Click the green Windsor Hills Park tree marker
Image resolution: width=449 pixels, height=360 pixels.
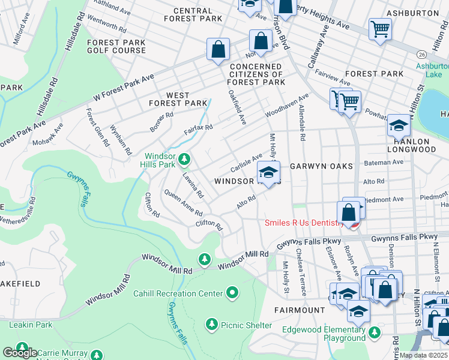click(x=185, y=159)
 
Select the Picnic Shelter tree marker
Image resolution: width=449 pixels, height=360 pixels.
click(x=211, y=325)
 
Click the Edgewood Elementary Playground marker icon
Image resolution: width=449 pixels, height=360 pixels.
click(x=375, y=332)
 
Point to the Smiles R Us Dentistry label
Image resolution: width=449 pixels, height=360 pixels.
click(x=305, y=223)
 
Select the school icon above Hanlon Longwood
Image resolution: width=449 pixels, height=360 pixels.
click(x=398, y=125)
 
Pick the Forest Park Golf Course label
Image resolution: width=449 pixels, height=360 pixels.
click(x=116, y=46)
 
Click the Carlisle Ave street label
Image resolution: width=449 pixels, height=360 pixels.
click(x=245, y=160)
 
